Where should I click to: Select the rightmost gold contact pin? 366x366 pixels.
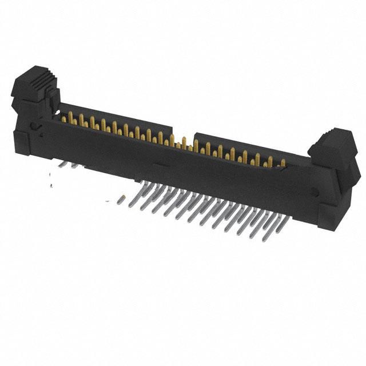coord(282,163)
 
